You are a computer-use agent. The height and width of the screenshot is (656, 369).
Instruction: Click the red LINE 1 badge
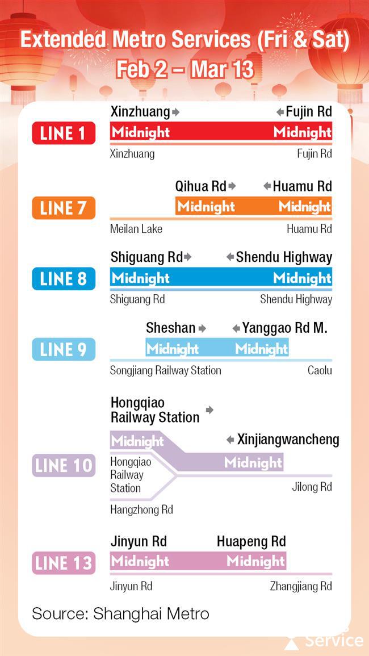(x=63, y=133)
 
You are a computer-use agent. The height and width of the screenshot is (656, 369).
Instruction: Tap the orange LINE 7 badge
(x=63, y=207)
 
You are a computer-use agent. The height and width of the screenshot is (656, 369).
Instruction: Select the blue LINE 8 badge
(x=63, y=279)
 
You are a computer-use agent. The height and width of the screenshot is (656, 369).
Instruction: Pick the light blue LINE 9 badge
(x=63, y=349)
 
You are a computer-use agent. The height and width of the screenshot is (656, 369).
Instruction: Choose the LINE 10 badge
(x=63, y=466)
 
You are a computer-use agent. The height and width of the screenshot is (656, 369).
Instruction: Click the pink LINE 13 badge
(x=63, y=563)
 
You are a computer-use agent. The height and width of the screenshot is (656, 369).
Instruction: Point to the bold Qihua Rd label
(x=200, y=186)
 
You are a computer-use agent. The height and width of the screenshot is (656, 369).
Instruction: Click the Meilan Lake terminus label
(x=136, y=229)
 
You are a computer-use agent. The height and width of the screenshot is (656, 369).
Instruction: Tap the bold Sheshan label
(x=170, y=328)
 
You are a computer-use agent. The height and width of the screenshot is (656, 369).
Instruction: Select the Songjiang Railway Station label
(x=166, y=370)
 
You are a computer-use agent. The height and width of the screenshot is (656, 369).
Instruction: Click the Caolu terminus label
(x=320, y=370)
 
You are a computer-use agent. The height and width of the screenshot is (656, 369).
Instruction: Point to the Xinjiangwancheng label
(x=288, y=440)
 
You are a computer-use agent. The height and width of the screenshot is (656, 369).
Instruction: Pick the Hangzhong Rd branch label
(x=141, y=510)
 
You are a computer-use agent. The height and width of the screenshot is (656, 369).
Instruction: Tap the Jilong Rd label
(x=312, y=487)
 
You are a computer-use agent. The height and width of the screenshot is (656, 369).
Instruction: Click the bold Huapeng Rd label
(x=251, y=541)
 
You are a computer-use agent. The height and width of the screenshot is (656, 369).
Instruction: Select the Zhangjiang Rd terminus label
(x=301, y=586)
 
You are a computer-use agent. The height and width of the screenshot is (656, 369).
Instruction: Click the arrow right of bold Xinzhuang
(x=175, y=112)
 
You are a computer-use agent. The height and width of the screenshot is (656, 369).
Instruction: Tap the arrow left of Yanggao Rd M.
(x=236, y=328)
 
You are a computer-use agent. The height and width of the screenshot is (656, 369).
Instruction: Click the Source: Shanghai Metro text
(x=120, y=613)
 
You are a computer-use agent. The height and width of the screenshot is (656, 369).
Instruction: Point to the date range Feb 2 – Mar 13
(x=184, y=69)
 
